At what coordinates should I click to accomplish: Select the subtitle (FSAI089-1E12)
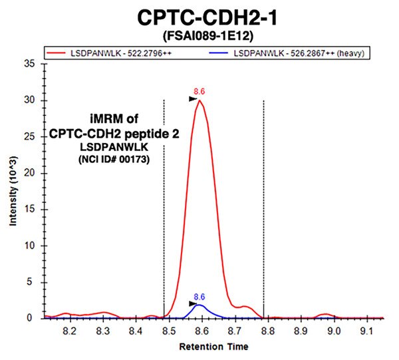point(200,35)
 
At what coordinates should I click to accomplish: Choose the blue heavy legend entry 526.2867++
point(296,51)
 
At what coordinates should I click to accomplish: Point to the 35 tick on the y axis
point(31,64)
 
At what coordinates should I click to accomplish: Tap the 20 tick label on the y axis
point(31,173)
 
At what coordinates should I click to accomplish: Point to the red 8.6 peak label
point(198,91)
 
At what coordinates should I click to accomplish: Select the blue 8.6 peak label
point(198,296)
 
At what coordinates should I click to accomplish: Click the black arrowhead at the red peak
point(193,99)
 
